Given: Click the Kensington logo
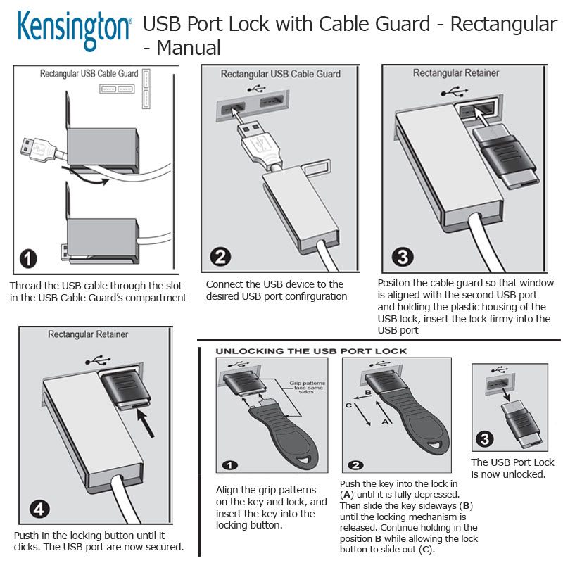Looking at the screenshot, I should (x=75, y=27).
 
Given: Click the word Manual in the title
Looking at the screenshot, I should (x=189, y=48).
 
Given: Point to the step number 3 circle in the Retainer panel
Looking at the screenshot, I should (x=402, y=256).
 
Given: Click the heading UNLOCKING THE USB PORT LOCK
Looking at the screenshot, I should (x=310, y=350).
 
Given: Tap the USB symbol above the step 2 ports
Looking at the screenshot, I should (x=255, y=89).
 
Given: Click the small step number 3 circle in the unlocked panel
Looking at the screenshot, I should (x=485, y=441).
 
